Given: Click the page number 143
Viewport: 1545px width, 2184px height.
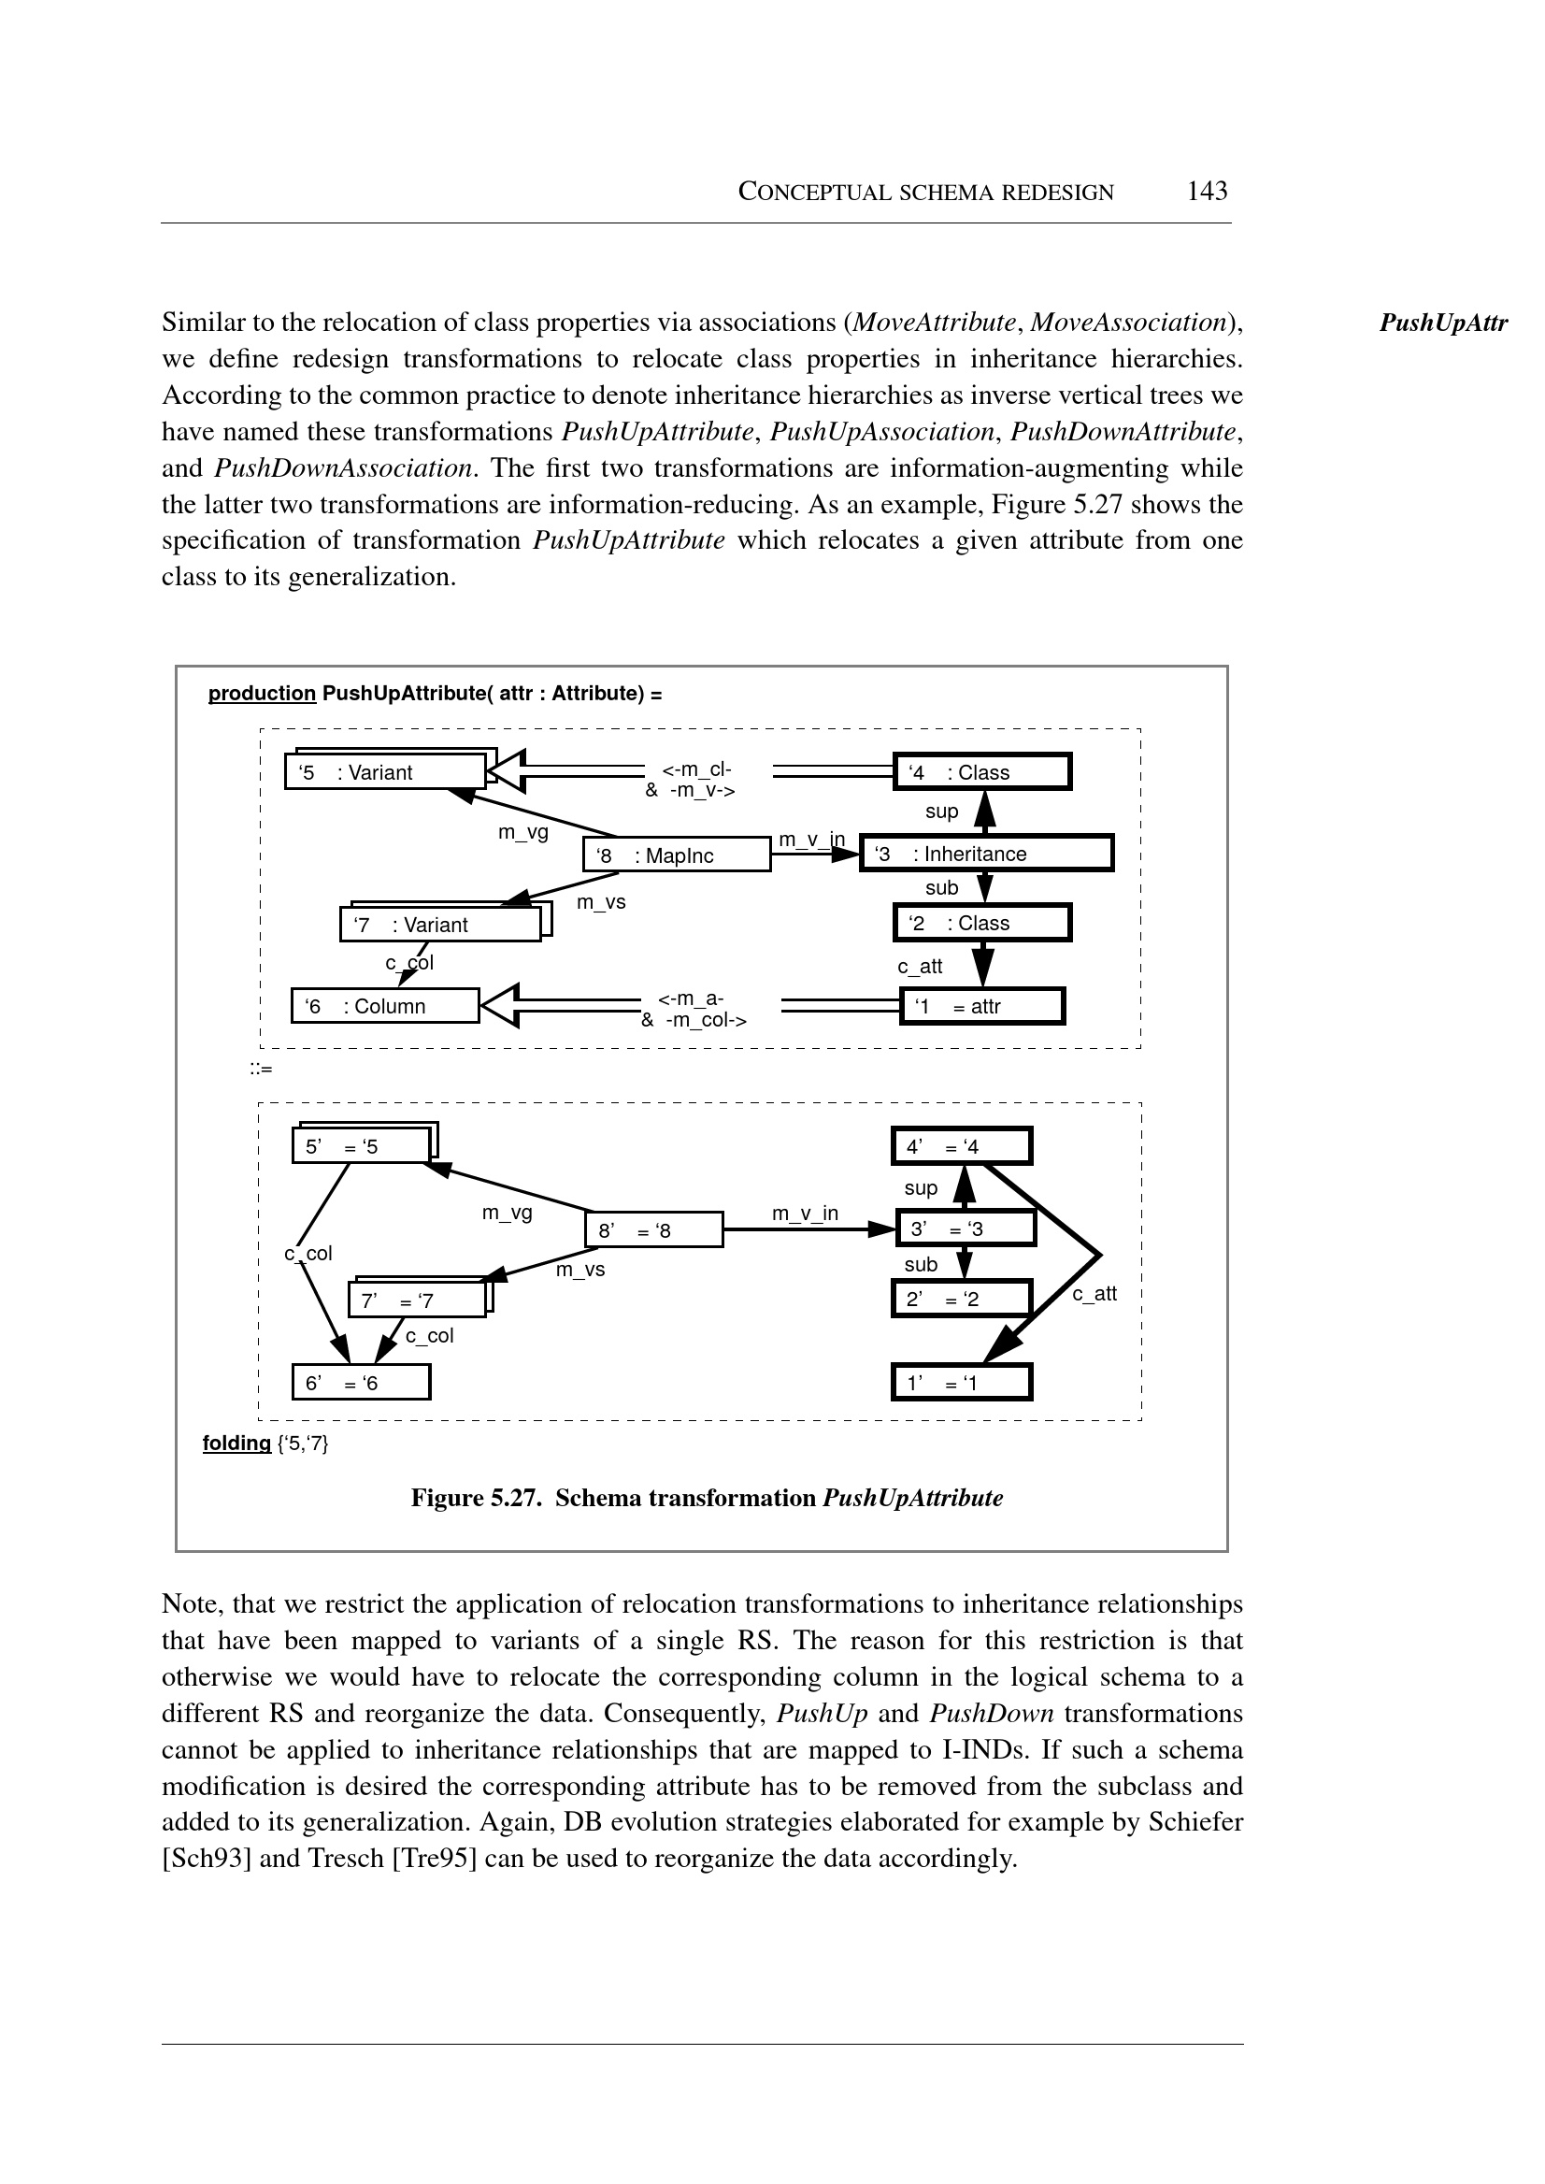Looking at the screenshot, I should (x=1207, y=192).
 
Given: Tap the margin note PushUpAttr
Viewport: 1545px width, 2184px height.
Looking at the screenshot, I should (x=1442, y=323).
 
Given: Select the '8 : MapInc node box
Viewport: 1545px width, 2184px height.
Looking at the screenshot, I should (x=676, y=855).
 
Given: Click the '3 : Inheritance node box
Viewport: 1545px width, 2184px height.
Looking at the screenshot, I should (x=985, y=853).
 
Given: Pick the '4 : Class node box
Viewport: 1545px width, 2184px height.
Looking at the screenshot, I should (x=981, y=771).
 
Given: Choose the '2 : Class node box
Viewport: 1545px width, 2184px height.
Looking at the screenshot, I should (x=981, y=923).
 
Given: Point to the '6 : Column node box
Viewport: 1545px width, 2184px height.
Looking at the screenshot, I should (x=384, y=1006).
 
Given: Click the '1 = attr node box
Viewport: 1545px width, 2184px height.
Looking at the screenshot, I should (x=981, y=1006).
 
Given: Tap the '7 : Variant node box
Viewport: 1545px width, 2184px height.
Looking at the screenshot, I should (x=439, y=925).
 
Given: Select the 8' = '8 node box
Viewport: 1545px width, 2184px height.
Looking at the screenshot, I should (x=653, y=1230).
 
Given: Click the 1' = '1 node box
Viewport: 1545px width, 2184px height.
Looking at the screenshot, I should (x=961, y=1383).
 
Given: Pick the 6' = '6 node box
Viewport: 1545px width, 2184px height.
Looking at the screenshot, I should (x=361, y=1383).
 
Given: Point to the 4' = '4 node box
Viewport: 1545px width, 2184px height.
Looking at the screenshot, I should (x=961, y=1147).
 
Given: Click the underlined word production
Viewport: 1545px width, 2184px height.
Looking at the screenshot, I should (x=262, y=693).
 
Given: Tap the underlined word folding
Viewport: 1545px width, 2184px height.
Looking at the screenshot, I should (x=236, y=1444).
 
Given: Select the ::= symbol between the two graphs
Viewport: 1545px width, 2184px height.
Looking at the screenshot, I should (x=261, y=1069).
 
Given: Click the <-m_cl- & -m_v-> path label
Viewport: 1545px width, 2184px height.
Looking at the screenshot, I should (x=691, y=780).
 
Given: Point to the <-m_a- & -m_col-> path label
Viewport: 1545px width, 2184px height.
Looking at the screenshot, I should (x=694, y=1010).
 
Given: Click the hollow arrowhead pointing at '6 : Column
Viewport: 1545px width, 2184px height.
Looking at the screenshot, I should (x=499, y=1005).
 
